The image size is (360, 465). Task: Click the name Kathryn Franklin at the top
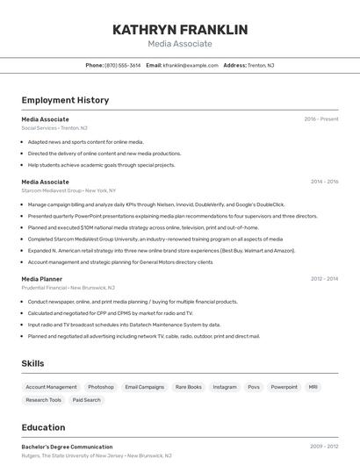click(180, 30)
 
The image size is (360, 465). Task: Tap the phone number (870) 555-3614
click(122, 65)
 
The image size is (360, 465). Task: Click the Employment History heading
click(65, 100)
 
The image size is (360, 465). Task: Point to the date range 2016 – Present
click(321, 118)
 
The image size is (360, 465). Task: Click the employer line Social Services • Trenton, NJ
click(54, 128)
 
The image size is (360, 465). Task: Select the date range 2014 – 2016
click(324, 182)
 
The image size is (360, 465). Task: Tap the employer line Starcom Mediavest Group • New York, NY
click(68, 190)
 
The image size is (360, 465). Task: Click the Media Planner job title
click(42, 279)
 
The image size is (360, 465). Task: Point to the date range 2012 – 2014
click(324, 279)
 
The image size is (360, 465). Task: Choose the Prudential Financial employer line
click(66, 288)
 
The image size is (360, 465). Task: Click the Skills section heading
click(33, 363)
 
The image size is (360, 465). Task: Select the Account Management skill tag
click(51, 387)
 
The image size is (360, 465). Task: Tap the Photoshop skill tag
click(101, 387)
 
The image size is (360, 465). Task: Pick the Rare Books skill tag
click(188, 387)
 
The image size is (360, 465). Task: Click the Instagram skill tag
click(225, 387)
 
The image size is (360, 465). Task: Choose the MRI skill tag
click(313, 387)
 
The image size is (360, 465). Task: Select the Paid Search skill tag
click(87, 400)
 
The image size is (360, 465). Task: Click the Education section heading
click(44, 427)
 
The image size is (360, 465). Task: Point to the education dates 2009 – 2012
click(324, 447)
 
